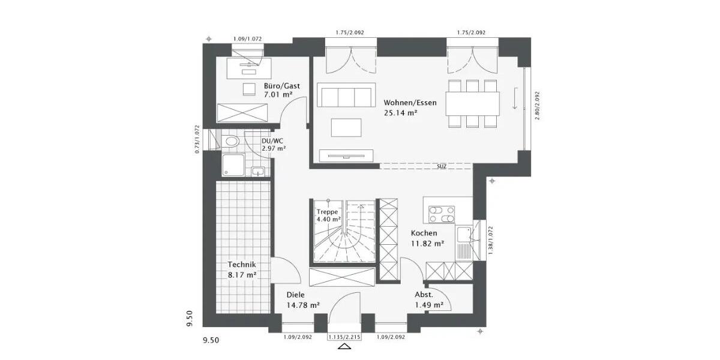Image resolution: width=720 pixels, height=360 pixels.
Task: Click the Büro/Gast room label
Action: [281, 86]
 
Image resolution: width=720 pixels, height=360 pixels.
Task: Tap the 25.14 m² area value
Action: [400, 112]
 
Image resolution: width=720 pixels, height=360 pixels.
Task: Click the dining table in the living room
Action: [472, 103]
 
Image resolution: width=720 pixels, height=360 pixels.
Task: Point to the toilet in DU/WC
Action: [230, 142]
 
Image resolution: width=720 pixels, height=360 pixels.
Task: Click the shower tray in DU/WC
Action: [232, 164]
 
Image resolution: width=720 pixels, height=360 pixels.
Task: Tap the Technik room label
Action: [242, 265]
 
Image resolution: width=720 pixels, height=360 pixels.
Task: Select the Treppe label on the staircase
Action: [328, 212]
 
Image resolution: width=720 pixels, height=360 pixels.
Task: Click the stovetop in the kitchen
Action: [442, 214]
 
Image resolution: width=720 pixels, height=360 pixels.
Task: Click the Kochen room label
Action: [424, 233]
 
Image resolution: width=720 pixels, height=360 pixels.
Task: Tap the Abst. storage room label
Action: [424, 295]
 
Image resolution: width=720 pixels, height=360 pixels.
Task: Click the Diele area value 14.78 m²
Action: [303, 305]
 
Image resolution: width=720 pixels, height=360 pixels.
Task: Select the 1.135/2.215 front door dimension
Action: [345, 337]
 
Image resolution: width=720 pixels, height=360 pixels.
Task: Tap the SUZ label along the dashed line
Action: [441, 166]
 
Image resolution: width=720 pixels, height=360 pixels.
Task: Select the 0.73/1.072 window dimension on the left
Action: [197, 139]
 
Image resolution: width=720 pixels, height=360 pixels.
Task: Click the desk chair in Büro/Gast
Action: [249, 89]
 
